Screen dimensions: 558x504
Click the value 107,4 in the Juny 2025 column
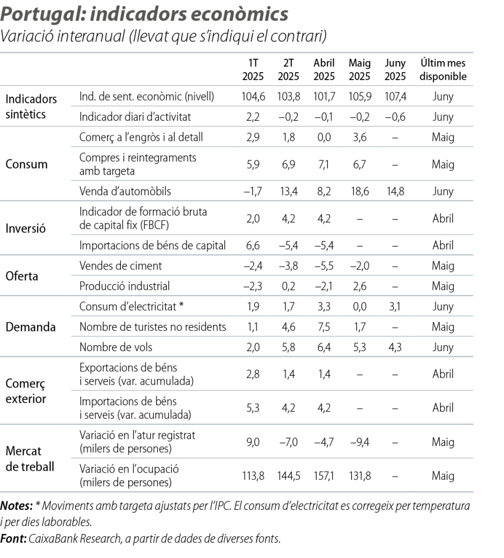tap(395, 96)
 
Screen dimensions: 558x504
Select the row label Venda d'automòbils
tap(125, 191)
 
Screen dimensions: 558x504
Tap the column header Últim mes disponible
tap(443, 70)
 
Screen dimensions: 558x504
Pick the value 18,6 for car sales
tap(360, 191)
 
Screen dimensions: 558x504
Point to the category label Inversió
tap(26, 229)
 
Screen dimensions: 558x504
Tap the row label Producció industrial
tap(124, 286)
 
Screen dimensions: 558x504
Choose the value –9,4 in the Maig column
tap(358, 442)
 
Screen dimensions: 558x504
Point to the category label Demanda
tap(30, 327)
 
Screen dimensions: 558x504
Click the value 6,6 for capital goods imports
tap(253, 245)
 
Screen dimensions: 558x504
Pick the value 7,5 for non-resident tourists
tap(324, 327)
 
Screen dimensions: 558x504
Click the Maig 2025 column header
tap(359, 70)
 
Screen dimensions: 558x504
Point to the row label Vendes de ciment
tap(121, 266)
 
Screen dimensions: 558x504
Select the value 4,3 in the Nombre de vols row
tap(395, 347)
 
